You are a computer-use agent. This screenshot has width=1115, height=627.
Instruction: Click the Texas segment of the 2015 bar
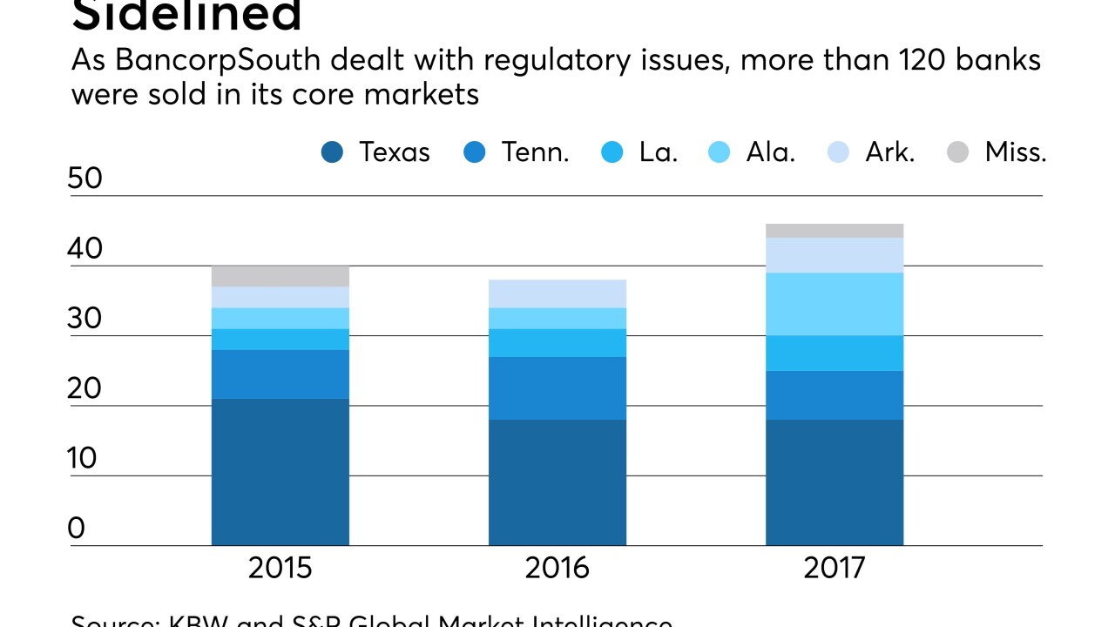280,472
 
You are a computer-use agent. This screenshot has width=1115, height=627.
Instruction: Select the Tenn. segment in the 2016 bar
557,388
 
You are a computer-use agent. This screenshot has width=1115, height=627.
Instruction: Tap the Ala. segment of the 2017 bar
835,304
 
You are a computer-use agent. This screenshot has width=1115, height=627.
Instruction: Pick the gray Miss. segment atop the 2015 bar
280,276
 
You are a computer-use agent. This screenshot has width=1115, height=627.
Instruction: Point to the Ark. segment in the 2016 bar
557,293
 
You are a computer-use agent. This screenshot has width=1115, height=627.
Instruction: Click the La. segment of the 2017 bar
835,354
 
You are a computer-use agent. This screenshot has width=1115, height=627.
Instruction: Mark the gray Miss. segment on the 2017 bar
835,231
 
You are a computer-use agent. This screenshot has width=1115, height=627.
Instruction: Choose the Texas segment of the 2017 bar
835,482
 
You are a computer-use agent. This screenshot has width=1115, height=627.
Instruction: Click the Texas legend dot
332,153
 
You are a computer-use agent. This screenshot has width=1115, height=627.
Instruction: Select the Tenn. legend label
535,152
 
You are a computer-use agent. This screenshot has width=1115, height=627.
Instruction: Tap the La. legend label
658,152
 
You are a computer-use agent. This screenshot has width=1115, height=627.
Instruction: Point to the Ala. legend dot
720,153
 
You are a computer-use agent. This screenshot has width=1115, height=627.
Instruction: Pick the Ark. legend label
889,152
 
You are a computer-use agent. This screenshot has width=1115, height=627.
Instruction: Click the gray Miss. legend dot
957,153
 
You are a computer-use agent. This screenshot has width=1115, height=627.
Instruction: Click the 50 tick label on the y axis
84,179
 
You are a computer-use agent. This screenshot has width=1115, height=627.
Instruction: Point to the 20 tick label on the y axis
84,389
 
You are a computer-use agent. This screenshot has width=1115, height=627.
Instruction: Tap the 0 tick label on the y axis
77,529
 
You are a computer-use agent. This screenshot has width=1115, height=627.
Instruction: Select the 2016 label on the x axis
557,569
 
